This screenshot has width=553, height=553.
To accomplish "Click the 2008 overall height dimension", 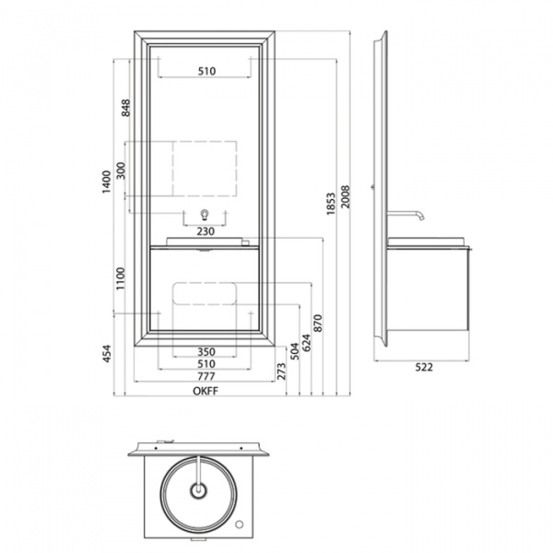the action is (x=346, y=197).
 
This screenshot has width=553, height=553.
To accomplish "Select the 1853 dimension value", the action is (x=331, y=204).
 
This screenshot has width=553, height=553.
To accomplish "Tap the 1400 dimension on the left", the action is (x=106, y=182).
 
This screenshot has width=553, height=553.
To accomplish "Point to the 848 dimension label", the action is (x=125, y=108).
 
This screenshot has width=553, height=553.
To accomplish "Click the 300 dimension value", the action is (x=121, y=171).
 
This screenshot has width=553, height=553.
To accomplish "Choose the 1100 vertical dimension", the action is (x=121, y=278).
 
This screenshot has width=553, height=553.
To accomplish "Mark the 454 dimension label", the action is (x=107, y=353).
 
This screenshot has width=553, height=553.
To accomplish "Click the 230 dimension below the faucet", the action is (x=206, y=231).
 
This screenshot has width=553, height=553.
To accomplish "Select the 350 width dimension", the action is (x=206, y=352).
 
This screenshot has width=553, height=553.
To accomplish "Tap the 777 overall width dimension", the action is (x=206, y=376).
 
